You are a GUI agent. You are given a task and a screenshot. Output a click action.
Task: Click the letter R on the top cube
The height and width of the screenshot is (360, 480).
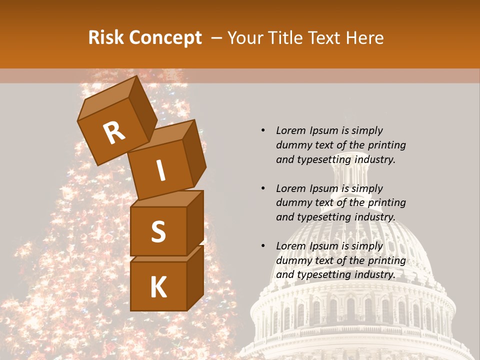(114, 132)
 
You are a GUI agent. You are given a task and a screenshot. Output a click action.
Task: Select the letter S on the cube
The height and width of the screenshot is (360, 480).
(158, 231)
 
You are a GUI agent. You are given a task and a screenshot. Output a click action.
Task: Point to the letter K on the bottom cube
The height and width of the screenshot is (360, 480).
(158, 287)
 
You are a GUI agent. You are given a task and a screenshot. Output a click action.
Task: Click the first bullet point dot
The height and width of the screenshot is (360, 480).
(263, 130)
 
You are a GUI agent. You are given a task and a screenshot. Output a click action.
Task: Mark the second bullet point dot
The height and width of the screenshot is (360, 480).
(263, 188)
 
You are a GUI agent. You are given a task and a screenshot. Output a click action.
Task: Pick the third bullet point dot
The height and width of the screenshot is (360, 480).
(263, 246)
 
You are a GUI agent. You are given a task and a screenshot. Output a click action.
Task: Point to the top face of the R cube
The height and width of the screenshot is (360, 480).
(107, 97)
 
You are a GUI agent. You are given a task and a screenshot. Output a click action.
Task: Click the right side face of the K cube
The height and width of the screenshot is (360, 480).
(195, 277)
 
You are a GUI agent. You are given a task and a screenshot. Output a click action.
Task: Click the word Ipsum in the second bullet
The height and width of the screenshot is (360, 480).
(325, 188)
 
